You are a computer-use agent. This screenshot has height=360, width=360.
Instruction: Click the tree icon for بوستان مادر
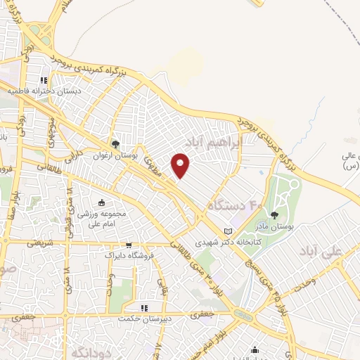(x=274, y=215)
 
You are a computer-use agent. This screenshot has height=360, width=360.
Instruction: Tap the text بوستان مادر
(x=274, y=226)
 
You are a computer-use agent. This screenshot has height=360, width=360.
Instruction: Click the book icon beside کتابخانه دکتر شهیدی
(x=226, y=231)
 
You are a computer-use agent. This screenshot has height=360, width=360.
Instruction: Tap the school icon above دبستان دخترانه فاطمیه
(x=44, y=80)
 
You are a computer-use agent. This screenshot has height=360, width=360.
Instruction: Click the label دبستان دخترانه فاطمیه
(x=44, y=91)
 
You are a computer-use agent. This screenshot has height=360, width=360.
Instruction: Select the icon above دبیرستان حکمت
(x=144, y=308)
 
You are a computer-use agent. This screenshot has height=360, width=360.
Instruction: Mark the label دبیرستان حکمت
(x=143, y=318)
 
